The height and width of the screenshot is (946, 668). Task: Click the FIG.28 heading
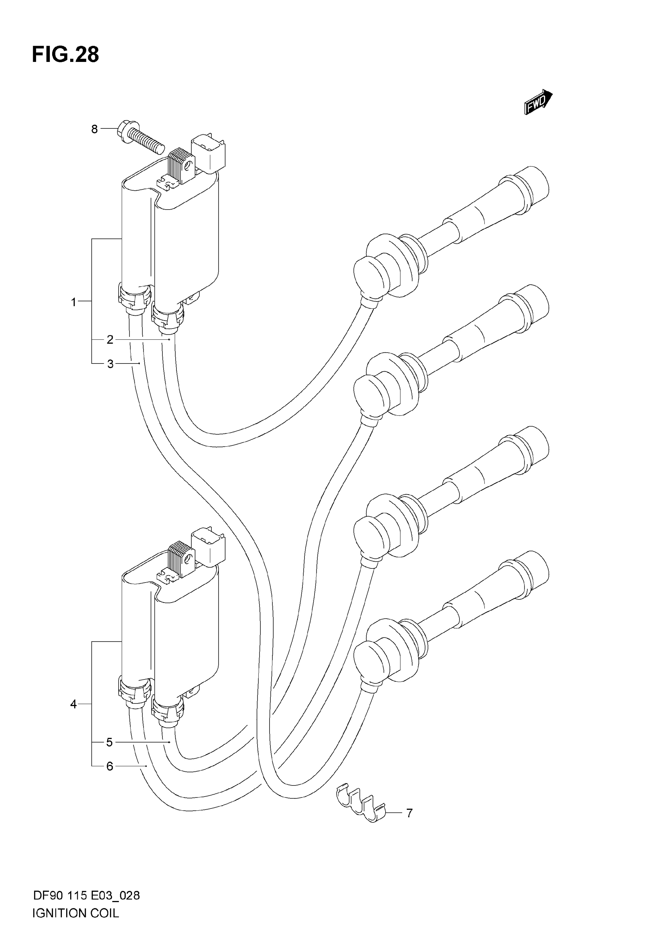click(x=65, y=54)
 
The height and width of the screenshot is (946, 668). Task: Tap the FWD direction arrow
click(x=538, y=101)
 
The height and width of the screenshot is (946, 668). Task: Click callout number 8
click(x=94, y=129)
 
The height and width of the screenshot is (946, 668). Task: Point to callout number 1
click(x=74, y=302)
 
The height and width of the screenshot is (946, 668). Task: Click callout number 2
click(x=110, y=340)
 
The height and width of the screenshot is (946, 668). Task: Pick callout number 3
click(x=110, y=364)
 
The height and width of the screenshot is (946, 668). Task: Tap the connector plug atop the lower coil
click(x=209, y=547)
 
